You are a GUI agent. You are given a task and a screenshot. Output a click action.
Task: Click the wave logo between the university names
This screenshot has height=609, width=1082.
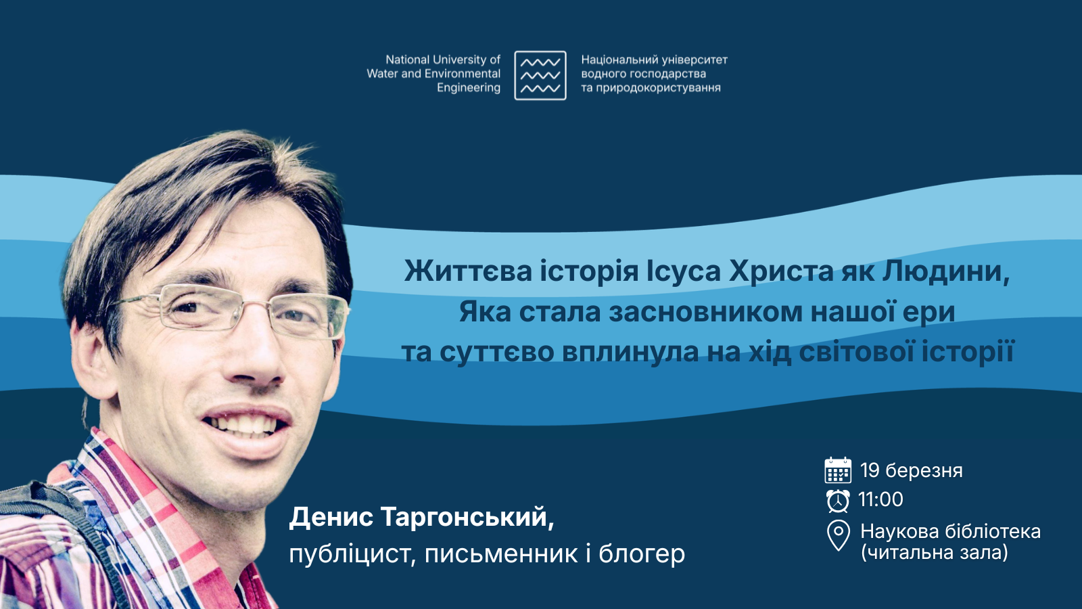point(540,75)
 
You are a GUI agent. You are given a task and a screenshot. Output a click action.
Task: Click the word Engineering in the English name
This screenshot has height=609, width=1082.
point(468,88)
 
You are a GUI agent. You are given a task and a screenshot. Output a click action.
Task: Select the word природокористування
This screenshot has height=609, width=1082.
point(658,88)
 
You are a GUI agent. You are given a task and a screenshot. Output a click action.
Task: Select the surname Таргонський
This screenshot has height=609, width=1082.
point(467,517)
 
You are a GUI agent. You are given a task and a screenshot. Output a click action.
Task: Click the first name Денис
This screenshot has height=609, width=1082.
point(331,517)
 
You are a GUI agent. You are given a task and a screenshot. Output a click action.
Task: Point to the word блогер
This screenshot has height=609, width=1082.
point(642,554)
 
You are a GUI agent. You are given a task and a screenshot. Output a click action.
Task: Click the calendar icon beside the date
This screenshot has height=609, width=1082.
point(838,470)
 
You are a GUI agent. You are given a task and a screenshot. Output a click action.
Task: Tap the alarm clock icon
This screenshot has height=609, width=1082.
point(838,500)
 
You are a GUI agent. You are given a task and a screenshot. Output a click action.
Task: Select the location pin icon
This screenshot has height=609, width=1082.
point(839,535)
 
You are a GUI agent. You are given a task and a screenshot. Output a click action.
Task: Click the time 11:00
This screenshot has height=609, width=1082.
point(880,499)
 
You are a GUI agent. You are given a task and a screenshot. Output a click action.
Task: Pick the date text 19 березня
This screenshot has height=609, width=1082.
point(911,470)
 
